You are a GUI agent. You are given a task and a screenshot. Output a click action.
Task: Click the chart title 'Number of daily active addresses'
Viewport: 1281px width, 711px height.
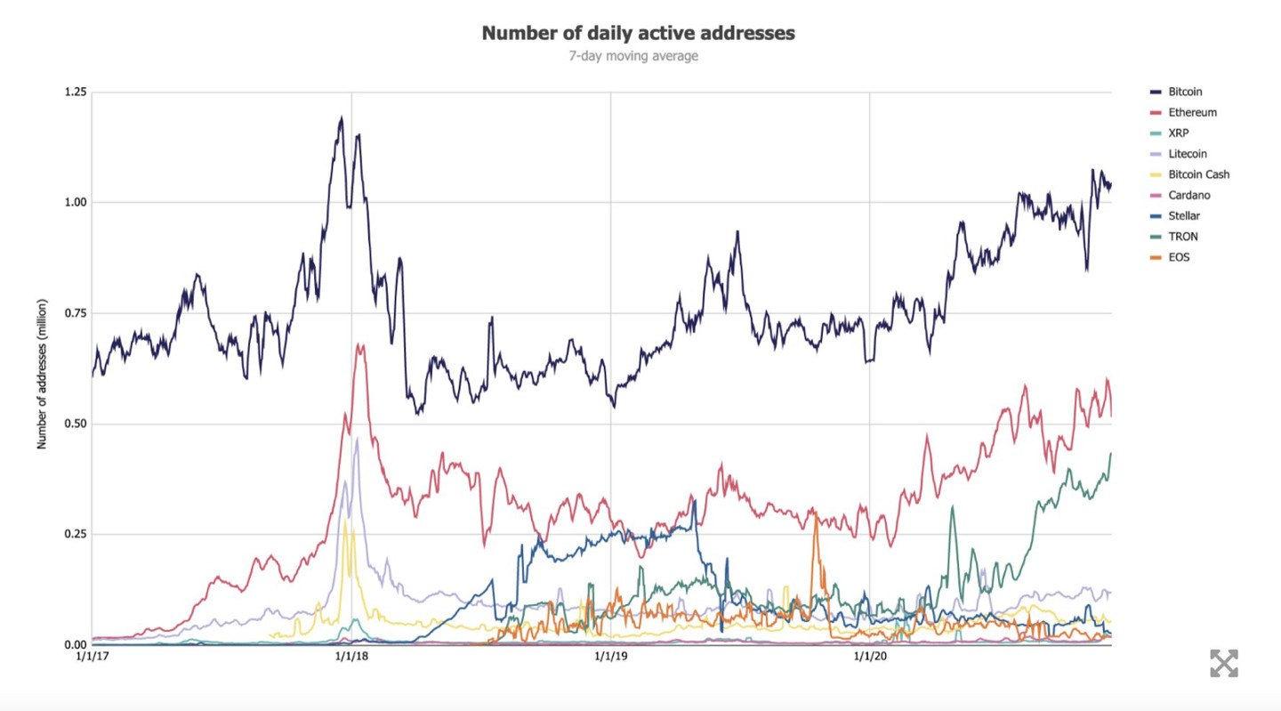638,33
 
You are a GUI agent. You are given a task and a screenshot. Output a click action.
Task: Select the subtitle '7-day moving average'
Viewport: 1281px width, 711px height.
633,56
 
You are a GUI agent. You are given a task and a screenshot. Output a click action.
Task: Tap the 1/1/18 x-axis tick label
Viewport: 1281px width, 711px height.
351,657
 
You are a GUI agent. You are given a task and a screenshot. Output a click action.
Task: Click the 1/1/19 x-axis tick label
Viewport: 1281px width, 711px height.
610,657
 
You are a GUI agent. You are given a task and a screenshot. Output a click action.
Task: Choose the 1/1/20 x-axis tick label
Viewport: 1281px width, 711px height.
870,657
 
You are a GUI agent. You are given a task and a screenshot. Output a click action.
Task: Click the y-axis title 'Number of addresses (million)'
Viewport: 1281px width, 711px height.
42,374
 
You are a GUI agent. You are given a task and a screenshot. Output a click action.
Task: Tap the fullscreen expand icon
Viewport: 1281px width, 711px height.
1223,663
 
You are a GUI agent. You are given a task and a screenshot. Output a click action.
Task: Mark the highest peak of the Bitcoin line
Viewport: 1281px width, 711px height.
341,117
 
